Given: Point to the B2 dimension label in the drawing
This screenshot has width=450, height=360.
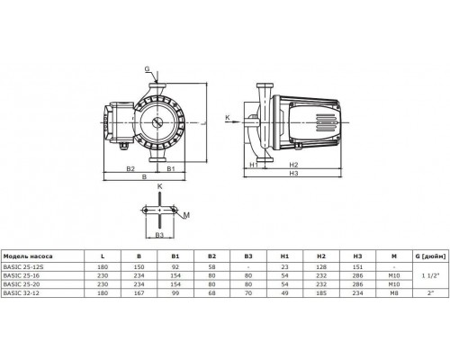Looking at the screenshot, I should point(130,167).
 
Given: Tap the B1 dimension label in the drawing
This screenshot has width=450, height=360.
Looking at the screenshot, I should point(170,167).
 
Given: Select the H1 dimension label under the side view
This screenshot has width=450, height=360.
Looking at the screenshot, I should point(254,166).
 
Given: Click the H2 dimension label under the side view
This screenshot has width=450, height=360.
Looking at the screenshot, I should point(293,166).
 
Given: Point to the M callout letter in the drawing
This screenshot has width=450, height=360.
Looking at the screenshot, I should point(186,215).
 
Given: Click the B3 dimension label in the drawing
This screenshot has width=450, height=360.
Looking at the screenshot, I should point(160,234).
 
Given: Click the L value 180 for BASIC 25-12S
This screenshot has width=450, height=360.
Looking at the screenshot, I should point(103,266).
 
